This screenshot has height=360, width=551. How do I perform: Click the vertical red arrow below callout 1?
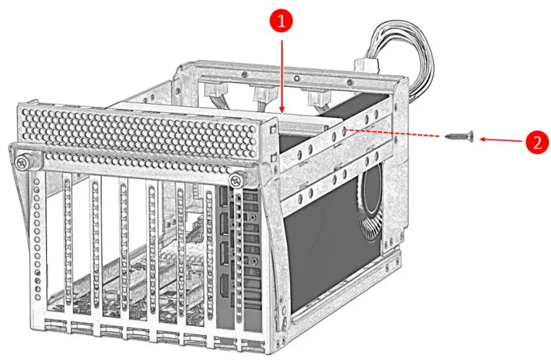(283, 74)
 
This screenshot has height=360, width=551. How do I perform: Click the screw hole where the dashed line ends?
(343, 130)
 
